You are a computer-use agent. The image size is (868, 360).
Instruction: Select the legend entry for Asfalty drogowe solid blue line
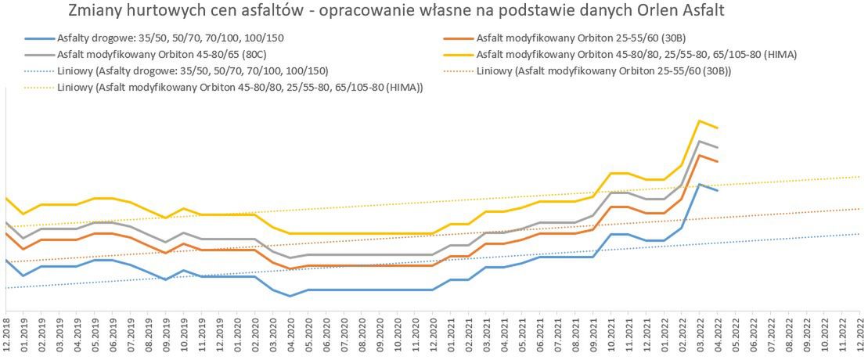(x=157, y=38)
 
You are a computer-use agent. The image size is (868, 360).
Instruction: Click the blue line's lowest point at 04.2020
(x=290, y=296)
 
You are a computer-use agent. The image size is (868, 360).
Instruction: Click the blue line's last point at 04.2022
(x=717, y=190)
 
